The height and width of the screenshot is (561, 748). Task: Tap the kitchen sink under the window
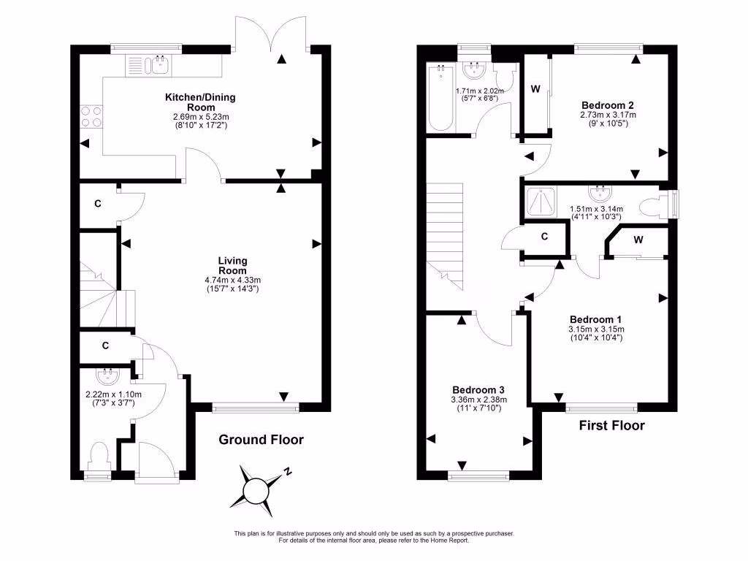(156, 66)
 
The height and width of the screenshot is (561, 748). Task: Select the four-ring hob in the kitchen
(91, 117)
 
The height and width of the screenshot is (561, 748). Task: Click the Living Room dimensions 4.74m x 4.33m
(232, 280)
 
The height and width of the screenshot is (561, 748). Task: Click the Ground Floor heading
(261, 440)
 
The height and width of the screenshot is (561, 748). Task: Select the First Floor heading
(611, 425)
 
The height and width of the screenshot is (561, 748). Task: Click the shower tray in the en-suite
(538, 202)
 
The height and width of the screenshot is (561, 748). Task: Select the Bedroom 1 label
(595, 319)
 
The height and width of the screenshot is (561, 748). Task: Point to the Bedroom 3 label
(478, 390)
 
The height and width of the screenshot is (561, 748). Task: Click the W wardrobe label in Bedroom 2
(535, 90)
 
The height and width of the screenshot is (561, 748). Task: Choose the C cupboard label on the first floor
(544, 237)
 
